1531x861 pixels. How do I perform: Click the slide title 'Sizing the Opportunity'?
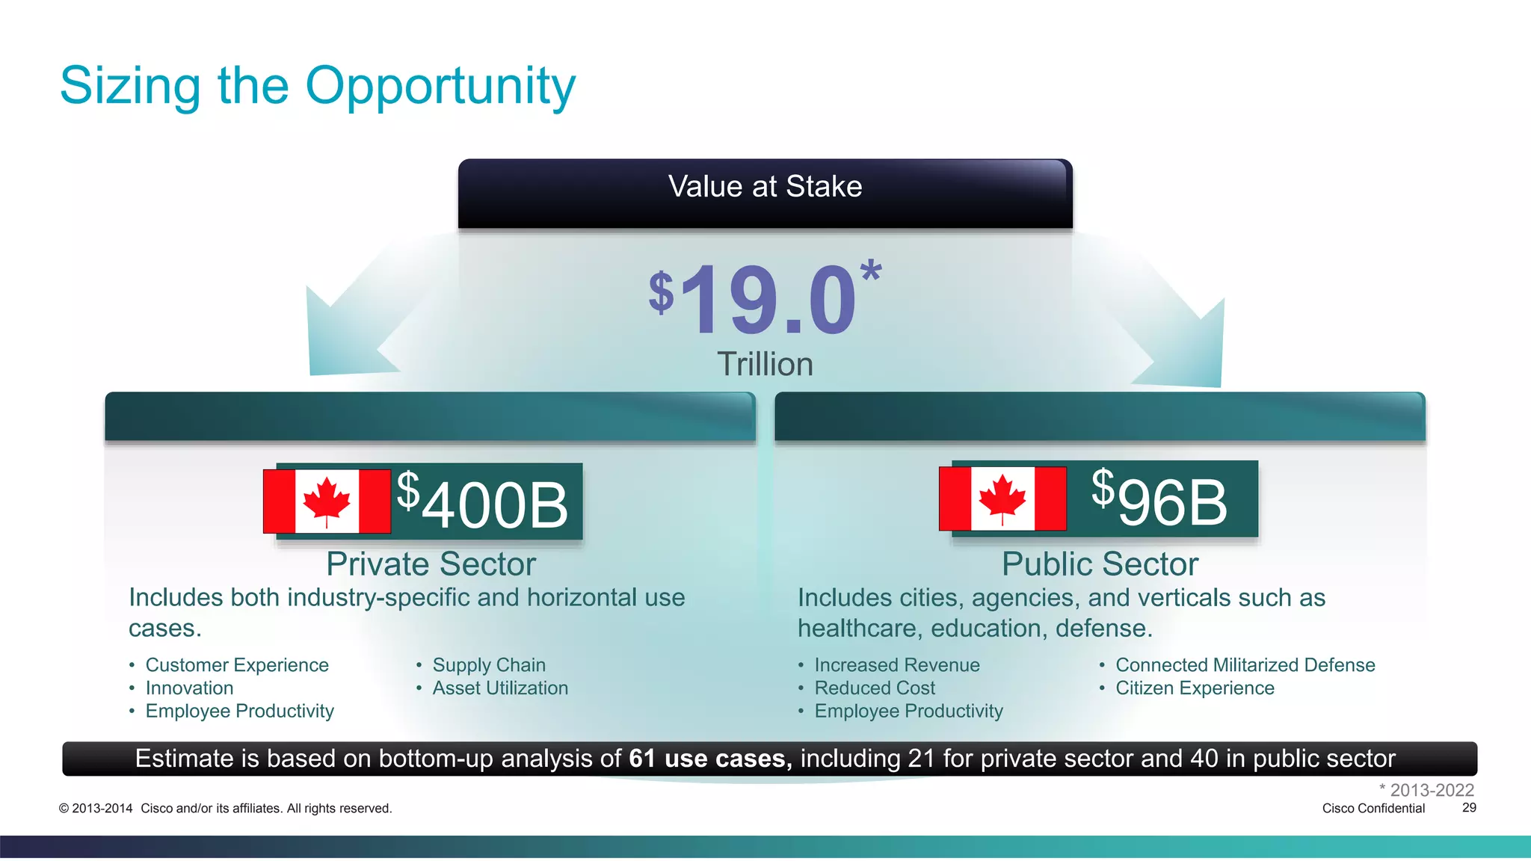[x=318, y=87]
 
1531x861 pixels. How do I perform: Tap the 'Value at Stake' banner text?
[x=765, y=187]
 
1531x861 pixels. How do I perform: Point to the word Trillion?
[x=765, y=364]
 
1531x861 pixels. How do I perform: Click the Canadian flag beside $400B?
[x=327, y=501]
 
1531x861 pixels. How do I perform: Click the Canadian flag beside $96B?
[x=1002, y=499]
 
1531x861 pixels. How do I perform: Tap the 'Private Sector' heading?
[x=431, y=564]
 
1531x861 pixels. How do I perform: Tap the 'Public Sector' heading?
[x=1100, y=564]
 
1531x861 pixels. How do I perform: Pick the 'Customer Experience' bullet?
[x=236, y=665]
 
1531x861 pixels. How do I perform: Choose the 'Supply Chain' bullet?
[x=489, y=665]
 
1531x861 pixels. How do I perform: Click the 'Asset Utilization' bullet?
[x=500, y=688]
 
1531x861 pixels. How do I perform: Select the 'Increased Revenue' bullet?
[x=896, y=665]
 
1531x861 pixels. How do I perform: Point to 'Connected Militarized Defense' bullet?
[x=1245, y=665]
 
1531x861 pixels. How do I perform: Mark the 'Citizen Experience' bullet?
[x=1195, y=688]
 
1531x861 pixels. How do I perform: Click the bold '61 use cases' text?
[x=709, y=759]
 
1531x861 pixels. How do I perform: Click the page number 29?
[x=1469, y=808]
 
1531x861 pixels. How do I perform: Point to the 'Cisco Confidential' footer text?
[x=1373, y=809]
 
